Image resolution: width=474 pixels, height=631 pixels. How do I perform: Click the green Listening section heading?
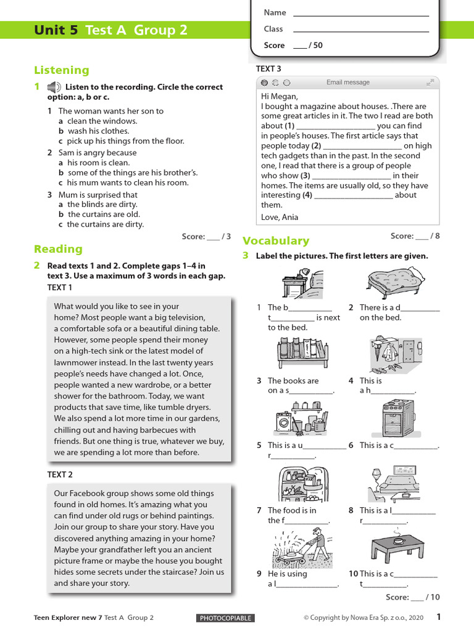pos(61,70)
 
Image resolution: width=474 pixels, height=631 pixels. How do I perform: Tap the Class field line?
pos(360,31)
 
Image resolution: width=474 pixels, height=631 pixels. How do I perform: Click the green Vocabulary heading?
pos(276,241)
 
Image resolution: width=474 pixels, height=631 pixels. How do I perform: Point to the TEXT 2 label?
pos(60,474)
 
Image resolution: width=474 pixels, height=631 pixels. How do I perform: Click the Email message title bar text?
pos(348,83)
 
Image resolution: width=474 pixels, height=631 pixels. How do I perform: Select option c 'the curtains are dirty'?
pos(105,224)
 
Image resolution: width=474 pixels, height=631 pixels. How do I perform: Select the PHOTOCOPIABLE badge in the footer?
pos(225,618)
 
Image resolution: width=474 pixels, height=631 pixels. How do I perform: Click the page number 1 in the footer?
pos(439,617)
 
